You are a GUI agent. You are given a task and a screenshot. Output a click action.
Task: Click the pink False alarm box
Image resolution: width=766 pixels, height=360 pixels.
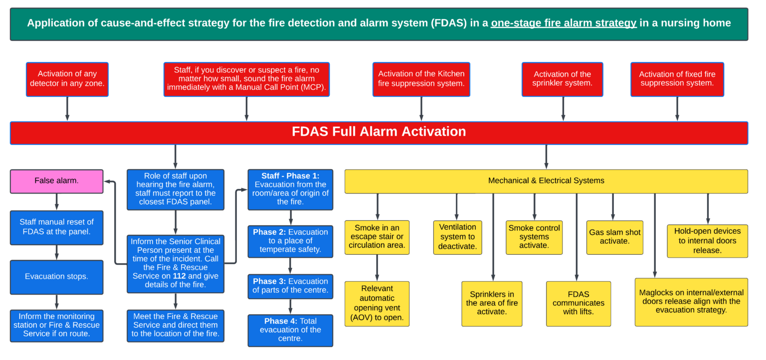point(56,181)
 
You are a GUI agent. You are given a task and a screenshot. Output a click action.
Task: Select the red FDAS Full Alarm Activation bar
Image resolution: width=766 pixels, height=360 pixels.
point(379,132)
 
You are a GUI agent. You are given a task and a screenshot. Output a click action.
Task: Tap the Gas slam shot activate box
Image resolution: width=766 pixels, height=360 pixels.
point(614,237)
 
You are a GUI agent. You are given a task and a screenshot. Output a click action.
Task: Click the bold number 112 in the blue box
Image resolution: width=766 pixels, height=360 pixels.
point(180,276)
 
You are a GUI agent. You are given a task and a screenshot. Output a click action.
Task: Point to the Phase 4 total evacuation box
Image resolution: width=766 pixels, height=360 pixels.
point(290,330)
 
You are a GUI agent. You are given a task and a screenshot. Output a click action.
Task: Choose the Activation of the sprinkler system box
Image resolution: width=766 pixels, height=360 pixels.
point(562,79)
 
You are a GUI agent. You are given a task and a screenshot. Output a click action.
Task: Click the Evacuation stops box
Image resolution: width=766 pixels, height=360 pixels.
point(56,277)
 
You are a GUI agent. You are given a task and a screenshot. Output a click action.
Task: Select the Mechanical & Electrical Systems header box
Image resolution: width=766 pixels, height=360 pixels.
point(546,181)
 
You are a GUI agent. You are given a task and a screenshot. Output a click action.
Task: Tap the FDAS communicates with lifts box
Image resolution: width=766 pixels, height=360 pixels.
point(578,303)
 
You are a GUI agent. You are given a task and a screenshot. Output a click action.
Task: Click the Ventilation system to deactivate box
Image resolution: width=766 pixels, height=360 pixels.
point(457,237)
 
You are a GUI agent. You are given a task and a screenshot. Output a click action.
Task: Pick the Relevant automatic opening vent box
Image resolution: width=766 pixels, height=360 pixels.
point(377,303)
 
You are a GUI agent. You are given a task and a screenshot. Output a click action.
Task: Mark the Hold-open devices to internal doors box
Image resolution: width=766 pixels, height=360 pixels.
point(707,241)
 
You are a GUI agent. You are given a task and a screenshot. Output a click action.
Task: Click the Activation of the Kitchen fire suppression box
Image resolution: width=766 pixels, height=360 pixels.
point(421,79)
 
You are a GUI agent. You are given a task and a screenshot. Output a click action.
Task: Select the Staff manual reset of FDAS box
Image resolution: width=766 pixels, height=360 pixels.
point(56,227)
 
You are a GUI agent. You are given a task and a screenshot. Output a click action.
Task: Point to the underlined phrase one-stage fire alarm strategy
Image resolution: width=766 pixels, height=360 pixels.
point(564,23)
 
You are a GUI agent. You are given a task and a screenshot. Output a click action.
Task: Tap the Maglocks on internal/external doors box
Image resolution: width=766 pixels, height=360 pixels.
point(691,302)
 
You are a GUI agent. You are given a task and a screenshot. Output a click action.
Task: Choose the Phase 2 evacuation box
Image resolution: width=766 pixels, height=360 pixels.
point(290,241)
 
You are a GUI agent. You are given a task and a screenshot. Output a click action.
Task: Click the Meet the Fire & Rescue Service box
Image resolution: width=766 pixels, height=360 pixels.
point(175,325)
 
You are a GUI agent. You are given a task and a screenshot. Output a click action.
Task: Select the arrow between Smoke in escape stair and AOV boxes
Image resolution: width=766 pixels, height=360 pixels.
point(377,268)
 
